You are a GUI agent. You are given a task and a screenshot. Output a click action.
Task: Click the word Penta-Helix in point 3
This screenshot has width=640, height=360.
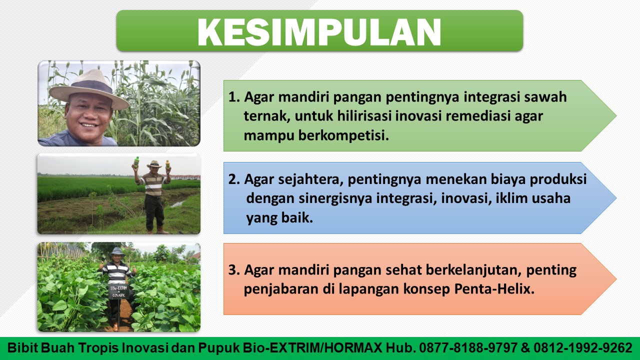(x=494, y=289)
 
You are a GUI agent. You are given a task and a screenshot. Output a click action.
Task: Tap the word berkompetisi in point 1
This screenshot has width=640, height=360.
(x=343, y=135)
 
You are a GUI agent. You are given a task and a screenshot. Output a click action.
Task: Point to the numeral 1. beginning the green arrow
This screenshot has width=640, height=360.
(x=234, y=97)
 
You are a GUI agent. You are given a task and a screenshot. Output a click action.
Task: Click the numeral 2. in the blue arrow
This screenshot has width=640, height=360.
(x=234, y=179)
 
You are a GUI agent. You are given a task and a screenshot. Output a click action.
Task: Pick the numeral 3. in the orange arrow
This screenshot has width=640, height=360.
(x=234, y=270)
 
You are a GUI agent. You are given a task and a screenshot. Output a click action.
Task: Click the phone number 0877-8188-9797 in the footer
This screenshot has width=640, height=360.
(x=468, y=348)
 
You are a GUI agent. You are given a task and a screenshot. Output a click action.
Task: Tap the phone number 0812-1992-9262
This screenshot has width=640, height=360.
(x=583, y=348)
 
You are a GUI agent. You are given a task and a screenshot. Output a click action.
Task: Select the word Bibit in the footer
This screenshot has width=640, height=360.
(x=22, y=348)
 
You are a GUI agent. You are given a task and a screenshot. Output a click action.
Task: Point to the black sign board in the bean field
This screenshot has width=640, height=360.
(x=118, y=291)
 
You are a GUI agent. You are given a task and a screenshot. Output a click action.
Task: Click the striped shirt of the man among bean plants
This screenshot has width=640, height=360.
(x=116, y=273)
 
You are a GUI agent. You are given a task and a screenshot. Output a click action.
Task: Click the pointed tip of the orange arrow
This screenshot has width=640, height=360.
(x=616, y=279)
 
